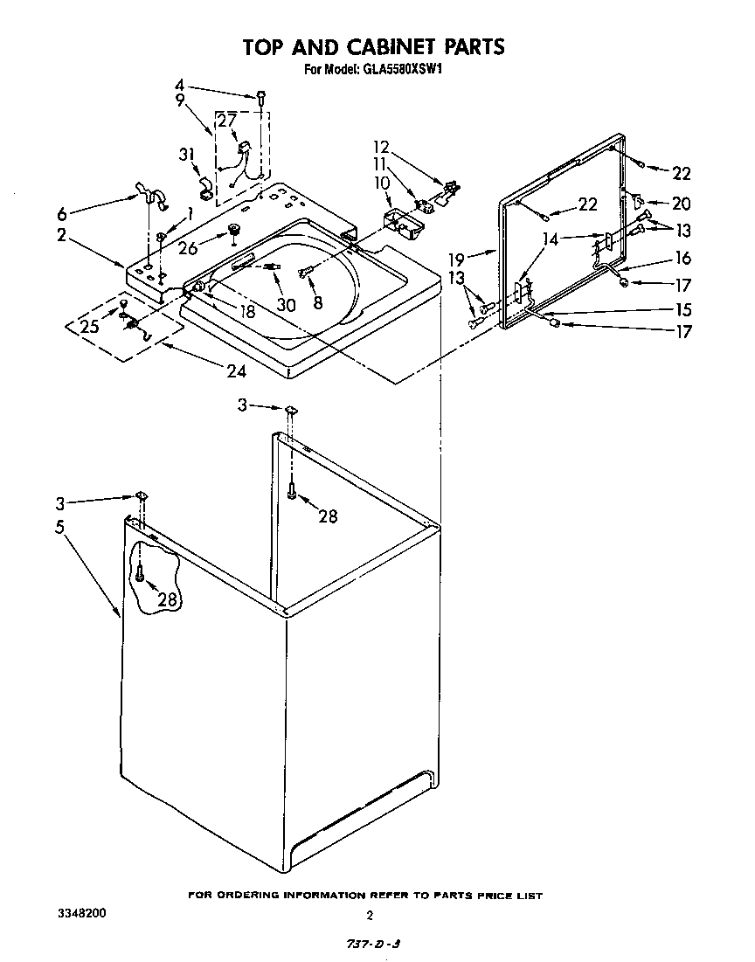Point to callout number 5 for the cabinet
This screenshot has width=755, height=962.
coord(59,528)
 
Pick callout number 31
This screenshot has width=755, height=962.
coord(185,155)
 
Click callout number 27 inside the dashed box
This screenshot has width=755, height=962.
coord(226,121)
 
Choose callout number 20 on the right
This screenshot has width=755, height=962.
coord(681,204)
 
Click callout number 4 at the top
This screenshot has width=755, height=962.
coord(179,85)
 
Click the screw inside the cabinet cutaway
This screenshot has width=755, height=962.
coord(139,574)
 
